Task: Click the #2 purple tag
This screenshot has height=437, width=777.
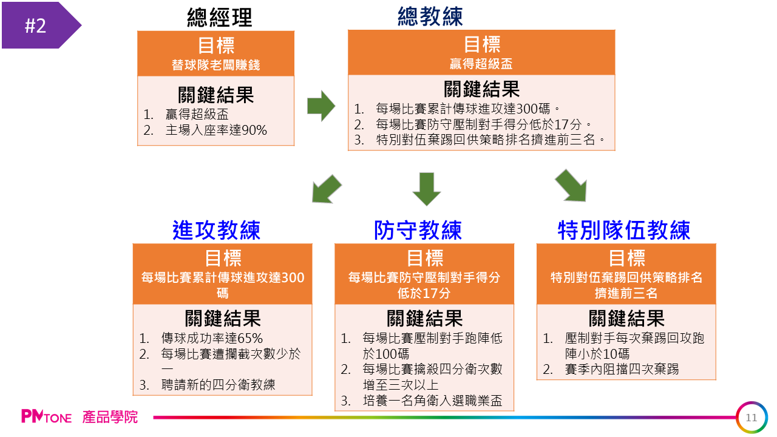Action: tap(36, 25)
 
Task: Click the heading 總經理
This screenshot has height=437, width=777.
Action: tap(219, 18)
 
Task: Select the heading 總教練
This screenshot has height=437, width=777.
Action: tap(430, 16)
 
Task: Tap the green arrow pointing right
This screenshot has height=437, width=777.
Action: tap(321, 106)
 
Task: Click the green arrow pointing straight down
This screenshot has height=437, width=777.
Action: tap(426, 188)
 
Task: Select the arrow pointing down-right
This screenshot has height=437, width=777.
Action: tap(571, 185)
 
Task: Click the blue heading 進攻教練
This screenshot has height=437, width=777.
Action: tap(216, 231)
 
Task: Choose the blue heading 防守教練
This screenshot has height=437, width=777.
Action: tap(418, 231)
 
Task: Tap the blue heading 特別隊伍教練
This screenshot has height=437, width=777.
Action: tap(624, 231)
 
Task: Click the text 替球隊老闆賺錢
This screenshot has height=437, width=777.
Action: tap(215, 65)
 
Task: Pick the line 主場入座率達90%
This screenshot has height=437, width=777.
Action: tap(216, 130)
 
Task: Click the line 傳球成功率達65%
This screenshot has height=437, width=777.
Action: tap(212, 339)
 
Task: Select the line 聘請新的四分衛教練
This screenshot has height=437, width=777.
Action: tap(218, 385)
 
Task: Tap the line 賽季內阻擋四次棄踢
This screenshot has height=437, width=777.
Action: tap(622, 369)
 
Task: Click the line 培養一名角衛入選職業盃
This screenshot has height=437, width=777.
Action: tap(432, 401)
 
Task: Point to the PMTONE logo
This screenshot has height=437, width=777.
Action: tap(47, 417)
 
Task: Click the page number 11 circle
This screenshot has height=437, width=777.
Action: tap(752, 418)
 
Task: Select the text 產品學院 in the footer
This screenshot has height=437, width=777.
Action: tap(110, 417)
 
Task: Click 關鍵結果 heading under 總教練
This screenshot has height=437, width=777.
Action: tap(481, 89)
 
